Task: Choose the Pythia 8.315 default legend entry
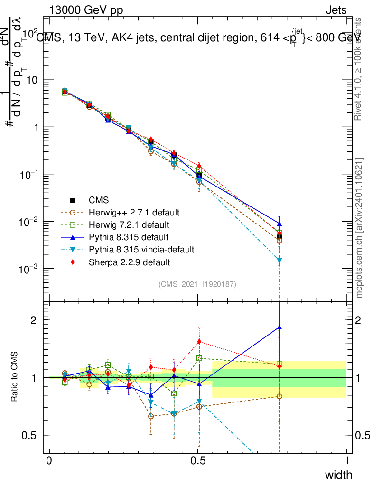pos(128,236)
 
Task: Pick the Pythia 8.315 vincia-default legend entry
pos(141,249)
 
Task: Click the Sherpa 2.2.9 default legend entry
pos(129,262)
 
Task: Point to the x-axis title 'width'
pos(338,475)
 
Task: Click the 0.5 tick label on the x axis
pos(198,461)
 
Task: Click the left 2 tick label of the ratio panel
pos(34,320)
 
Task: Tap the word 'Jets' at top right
pos(336,10)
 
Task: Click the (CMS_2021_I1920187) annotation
pos(197,284)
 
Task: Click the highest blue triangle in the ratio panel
pos(280,327)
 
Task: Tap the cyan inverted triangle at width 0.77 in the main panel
pos(280,261)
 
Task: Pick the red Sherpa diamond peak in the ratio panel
pos(199,342)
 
